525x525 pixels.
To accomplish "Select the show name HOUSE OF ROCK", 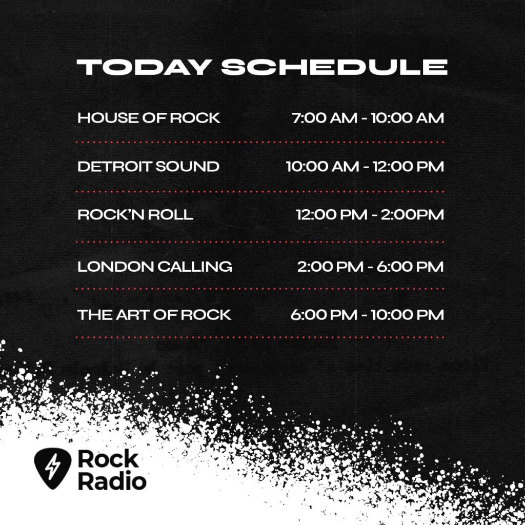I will (x=149, y=118).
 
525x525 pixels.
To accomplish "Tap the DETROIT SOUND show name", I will (x=148, y=167).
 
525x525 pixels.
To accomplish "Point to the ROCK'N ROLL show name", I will (x=135, y=215).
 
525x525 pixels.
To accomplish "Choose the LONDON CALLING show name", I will (x=155, y=267).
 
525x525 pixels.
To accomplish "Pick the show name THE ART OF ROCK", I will (x=154, y=315).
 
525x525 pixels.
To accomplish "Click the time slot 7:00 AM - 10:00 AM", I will (x=368, y=118).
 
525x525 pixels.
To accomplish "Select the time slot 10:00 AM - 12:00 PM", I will (x=365, y=167).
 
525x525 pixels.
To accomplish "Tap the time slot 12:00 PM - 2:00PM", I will (x=370, y=215).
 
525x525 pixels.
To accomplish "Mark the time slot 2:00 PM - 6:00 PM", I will (x=370, y=267).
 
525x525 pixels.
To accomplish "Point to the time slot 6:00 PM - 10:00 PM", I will (x=367, y=315).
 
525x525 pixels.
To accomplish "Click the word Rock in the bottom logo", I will (x=108, y=459).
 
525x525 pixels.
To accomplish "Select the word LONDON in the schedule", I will (x=115, y=267).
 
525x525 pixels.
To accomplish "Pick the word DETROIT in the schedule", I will (x=107, y=167).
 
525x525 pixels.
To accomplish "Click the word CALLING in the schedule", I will (x=195, y=267).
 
